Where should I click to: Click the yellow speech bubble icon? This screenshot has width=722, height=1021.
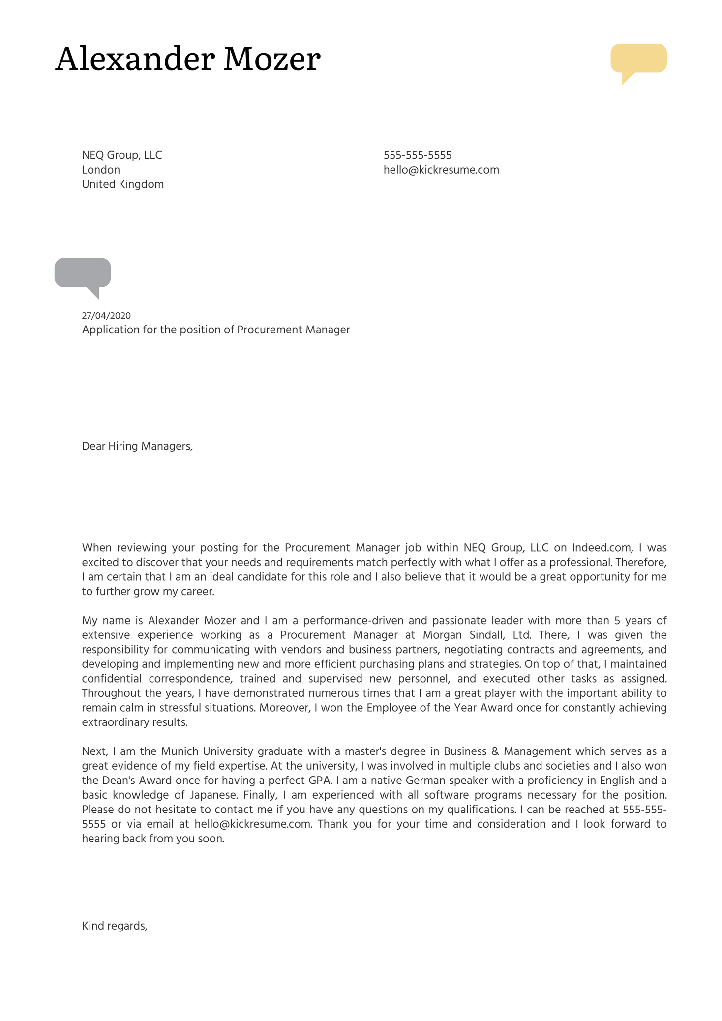point(638,59)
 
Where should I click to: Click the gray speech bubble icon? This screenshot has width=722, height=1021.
point(82,273)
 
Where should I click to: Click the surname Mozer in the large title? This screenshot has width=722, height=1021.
point(271,59)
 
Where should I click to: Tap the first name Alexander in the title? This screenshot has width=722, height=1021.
point(135,59)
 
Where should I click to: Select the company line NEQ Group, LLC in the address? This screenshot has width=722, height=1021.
point(121,155)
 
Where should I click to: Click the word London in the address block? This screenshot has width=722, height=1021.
point(101,170)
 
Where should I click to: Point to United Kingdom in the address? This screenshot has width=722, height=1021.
point(122,184)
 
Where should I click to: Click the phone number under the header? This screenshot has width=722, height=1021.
point(417,155)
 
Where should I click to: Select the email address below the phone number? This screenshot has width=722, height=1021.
point(441,170)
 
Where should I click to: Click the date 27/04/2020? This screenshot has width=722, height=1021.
point(106,316)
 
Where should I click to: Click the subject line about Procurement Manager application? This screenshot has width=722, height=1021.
point(215,330)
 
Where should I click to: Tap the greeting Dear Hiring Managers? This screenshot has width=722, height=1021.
point(137,446)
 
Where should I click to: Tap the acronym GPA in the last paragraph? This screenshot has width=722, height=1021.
point(319,781)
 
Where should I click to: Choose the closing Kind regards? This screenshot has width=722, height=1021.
point(115,926)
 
